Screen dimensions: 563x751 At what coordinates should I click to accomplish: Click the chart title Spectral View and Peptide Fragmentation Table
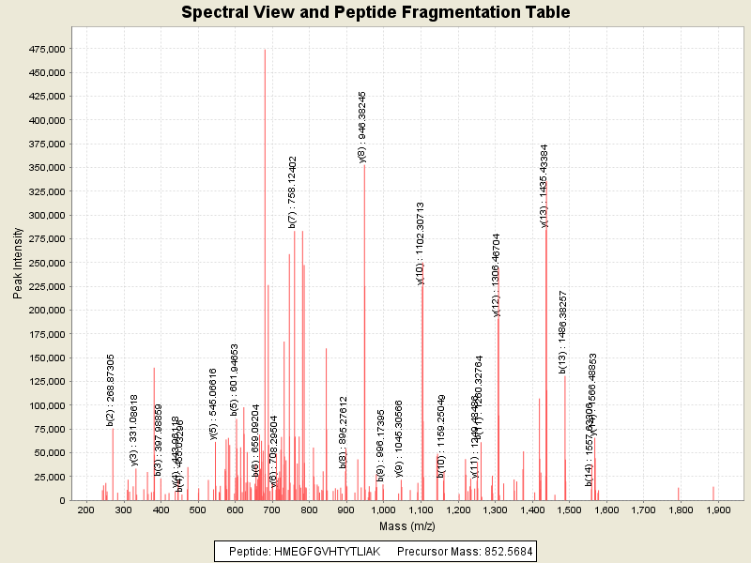click(375, 12)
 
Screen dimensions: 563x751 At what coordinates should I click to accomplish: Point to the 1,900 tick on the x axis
click(717, 510)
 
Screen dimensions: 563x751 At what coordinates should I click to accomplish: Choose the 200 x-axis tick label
click(86, 510)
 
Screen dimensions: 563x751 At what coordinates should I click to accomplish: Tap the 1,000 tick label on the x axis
click(383, 510)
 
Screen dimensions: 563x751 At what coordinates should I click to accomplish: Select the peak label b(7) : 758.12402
click(293, 192)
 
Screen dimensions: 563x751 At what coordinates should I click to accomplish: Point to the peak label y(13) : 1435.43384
click(544, 185)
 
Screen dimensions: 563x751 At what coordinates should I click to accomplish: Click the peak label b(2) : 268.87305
click(111, 390)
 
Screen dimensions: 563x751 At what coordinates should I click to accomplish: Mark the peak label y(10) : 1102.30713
click(421, 243)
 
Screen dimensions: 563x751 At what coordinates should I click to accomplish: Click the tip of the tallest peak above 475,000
click(265, 50)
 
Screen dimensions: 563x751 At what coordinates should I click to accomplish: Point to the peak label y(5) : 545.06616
click(213, 403)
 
